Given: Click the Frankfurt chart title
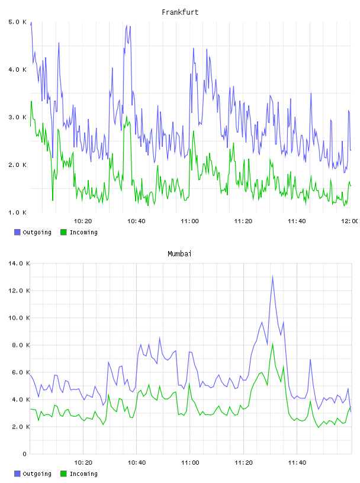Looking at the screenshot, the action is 180,12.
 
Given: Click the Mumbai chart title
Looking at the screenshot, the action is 179,254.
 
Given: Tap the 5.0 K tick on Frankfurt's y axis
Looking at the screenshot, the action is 18,22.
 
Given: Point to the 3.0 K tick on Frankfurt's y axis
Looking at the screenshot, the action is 18,117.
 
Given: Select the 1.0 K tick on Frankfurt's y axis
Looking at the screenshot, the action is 18,212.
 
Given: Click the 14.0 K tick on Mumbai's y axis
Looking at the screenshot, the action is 19,263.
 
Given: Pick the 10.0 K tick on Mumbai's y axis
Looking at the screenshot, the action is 19,318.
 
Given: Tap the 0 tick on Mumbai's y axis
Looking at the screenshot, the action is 25,454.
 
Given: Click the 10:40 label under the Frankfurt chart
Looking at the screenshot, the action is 136,221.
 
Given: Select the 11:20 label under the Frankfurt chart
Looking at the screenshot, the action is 243,221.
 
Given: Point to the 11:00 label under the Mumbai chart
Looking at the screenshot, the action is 190,463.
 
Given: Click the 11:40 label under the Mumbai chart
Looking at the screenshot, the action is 297,463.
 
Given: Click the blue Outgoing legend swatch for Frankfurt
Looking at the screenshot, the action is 17,232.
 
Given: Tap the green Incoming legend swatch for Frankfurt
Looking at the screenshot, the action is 63,232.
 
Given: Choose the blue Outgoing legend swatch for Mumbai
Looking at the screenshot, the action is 17,474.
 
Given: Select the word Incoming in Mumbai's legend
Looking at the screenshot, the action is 83,474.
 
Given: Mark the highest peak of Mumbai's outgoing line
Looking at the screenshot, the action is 272,276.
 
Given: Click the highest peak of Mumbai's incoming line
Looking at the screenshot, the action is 272,344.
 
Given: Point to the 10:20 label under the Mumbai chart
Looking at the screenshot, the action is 83,463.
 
